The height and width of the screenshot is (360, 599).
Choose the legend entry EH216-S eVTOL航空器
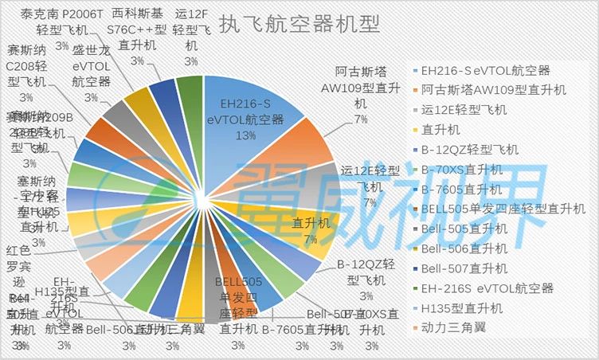pos(485,70)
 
